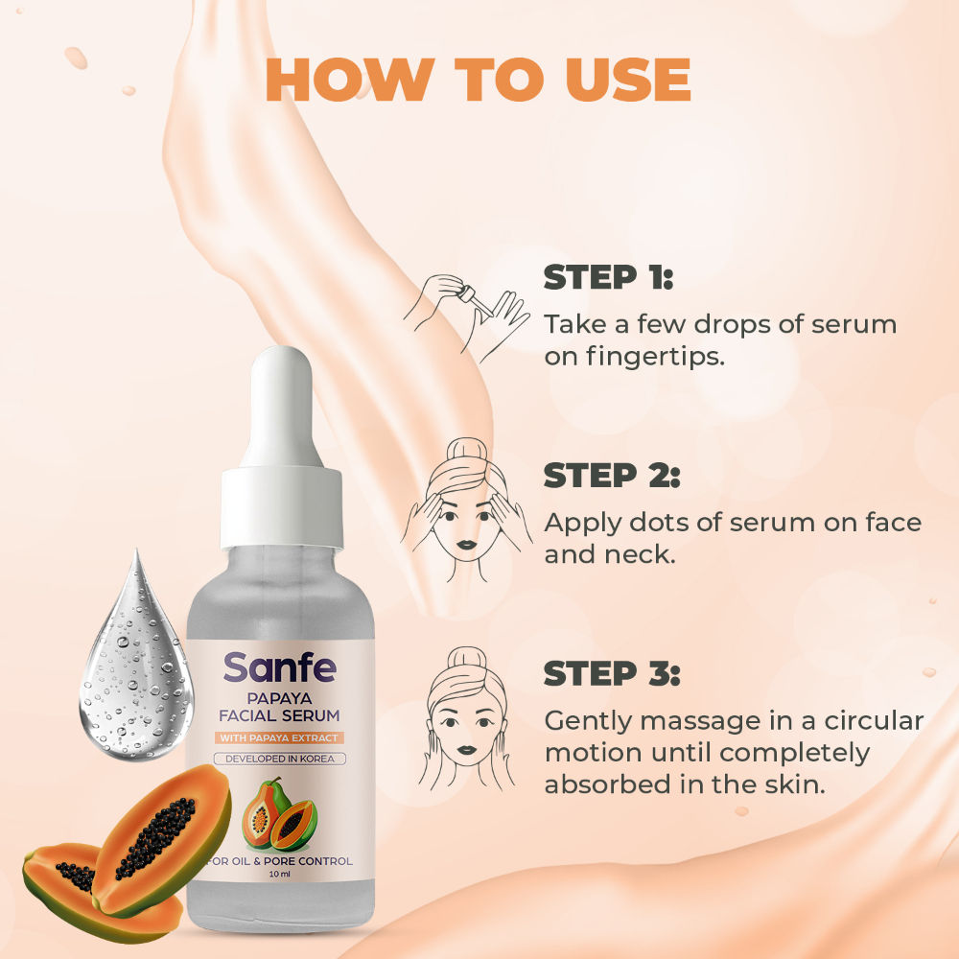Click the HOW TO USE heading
pos(479,80)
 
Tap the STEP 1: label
pos(608,277)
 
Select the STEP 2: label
pos(612,476)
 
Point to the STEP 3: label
pos(612,673)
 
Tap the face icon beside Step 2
pos(466,509)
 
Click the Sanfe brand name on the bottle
pos(279,667)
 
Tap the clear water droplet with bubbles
pos(136,659)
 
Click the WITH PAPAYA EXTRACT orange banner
pos(279,737)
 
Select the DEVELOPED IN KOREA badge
pos(279,759)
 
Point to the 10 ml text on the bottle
pos(279,874)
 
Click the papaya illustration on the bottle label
pos(279,814)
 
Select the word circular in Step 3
pos(874,720)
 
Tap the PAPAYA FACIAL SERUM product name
pos(279,707)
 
